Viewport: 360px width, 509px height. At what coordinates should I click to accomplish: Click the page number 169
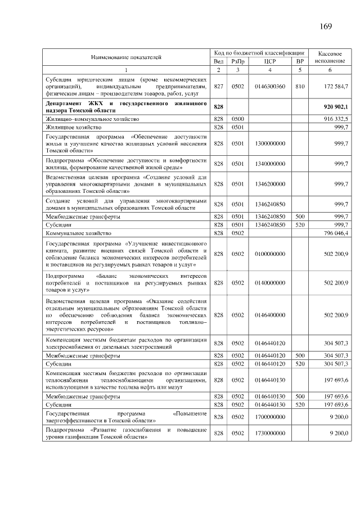click(x=326, y=26)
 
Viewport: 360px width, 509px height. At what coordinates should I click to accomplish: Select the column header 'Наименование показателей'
click(x=126, y=57)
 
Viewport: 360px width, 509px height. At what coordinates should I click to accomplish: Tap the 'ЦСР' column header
click(x=269, y=61)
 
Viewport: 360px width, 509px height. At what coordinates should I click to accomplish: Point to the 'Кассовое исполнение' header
click(x=330, y=56)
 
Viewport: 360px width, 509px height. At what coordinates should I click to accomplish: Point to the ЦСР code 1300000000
click(x=269, y=143)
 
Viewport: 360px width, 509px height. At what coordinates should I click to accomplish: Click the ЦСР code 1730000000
click(x=269, y=433)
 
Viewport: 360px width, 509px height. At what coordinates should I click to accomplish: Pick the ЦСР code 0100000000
click(x=269, y=254)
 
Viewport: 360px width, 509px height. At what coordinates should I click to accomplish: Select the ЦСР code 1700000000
click(x=269, y=417)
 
